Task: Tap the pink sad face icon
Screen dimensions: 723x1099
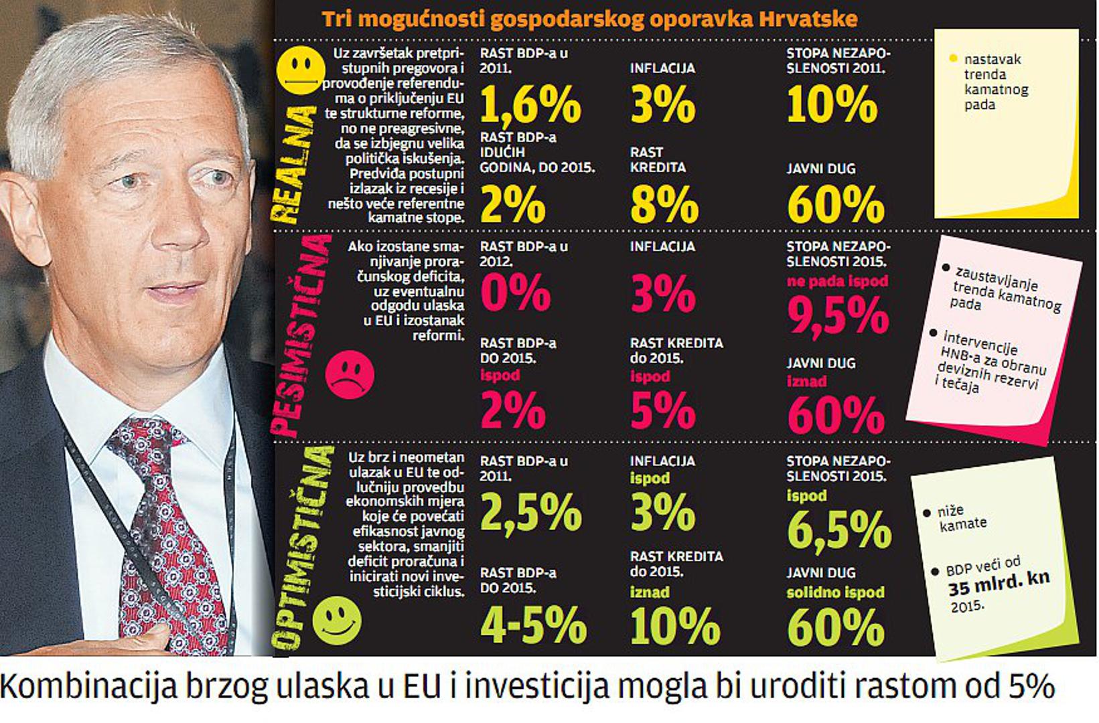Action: point(350,374)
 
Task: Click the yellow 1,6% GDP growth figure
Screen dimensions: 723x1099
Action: point(530,105)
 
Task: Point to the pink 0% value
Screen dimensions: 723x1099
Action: point(515,293)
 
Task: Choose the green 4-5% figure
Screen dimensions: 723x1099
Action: point(533,624)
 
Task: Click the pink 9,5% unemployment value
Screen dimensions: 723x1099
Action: point(838,315)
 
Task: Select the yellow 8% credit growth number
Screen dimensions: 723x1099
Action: point(664,204)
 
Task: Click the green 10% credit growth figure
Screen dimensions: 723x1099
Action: point(674,626)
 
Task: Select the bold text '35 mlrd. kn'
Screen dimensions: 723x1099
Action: point(999,584)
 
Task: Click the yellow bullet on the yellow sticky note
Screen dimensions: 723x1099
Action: point(953,58)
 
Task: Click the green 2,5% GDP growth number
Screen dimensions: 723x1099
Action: point(530,512)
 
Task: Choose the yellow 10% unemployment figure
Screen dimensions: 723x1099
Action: point(832,105)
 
